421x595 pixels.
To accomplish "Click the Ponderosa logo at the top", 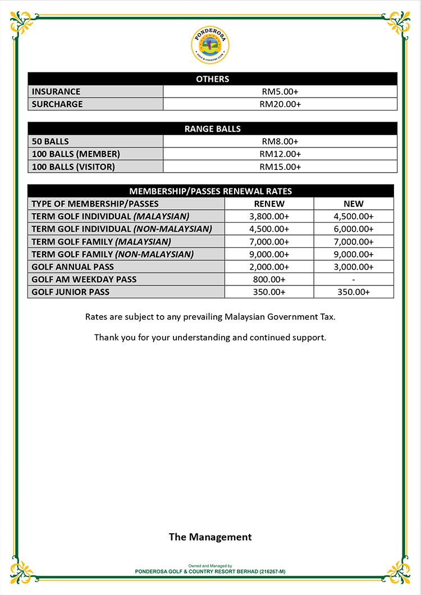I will coord(210,45).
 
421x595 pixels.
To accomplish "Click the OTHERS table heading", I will coord(212,79).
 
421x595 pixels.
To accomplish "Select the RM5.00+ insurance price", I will coord(280,91).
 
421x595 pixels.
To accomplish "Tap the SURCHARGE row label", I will coord(57,104).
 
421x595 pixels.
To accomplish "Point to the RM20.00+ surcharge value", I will coord(280,104).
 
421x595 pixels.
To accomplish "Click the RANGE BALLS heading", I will coord(212,129).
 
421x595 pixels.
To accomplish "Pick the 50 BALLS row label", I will coord(51,141).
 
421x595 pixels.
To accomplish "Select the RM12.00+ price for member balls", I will coord(280,154).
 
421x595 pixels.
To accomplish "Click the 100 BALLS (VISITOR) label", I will coord(74,167).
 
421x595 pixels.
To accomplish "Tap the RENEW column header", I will coord(269,204).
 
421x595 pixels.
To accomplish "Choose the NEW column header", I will coord(354,204).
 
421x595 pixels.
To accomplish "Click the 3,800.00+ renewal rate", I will coord(269,216).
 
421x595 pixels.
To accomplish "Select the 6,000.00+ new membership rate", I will coord(354,229).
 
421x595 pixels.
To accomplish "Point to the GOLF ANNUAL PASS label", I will coord(73,267).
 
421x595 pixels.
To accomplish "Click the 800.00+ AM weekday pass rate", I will coord(269,279).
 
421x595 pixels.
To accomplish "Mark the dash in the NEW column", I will coord(354,279).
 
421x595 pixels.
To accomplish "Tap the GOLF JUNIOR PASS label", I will coord(71,292).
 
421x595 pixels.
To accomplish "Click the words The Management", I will coord(210,537).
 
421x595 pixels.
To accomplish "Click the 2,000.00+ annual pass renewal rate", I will coord(269,267).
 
